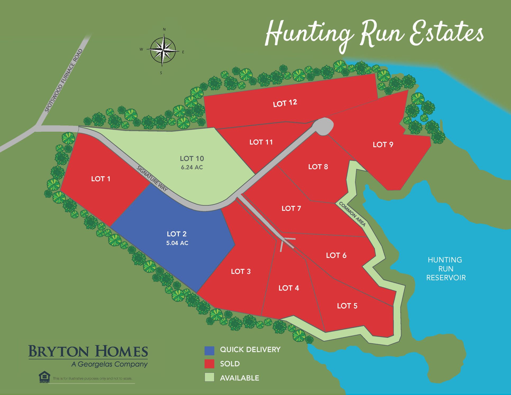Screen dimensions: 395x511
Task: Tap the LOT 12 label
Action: click(x=285, y=103)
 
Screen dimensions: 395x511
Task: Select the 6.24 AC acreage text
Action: click(x=192, y=167)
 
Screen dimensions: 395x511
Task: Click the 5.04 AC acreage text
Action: click(x=177, y=243)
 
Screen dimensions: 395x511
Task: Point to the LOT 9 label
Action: click(x=383, y=144)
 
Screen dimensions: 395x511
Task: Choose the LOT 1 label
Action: click(x=101, y=179)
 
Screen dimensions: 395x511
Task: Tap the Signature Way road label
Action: click(x=152, y=179)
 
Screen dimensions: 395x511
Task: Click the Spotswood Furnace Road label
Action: click(x=63, y=81)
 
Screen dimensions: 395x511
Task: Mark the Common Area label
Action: click(x=352, y=214)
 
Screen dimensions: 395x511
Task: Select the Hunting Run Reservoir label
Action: click(x=446, y=269)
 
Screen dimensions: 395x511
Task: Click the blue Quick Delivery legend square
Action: click(x=209, y=350)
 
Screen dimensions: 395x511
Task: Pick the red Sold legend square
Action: click(x=209, y=364)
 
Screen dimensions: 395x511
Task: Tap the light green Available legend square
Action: click(x=209, y=378)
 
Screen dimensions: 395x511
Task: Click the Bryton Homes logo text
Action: click(x=88, y=351)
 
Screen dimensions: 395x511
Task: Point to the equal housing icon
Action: click(x=44, y=377)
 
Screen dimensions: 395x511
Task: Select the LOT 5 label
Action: click(x=347, y=306)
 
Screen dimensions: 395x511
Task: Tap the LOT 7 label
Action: click(x=291, y=208)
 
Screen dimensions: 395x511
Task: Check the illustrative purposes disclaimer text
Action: click(x=92, y=378)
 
